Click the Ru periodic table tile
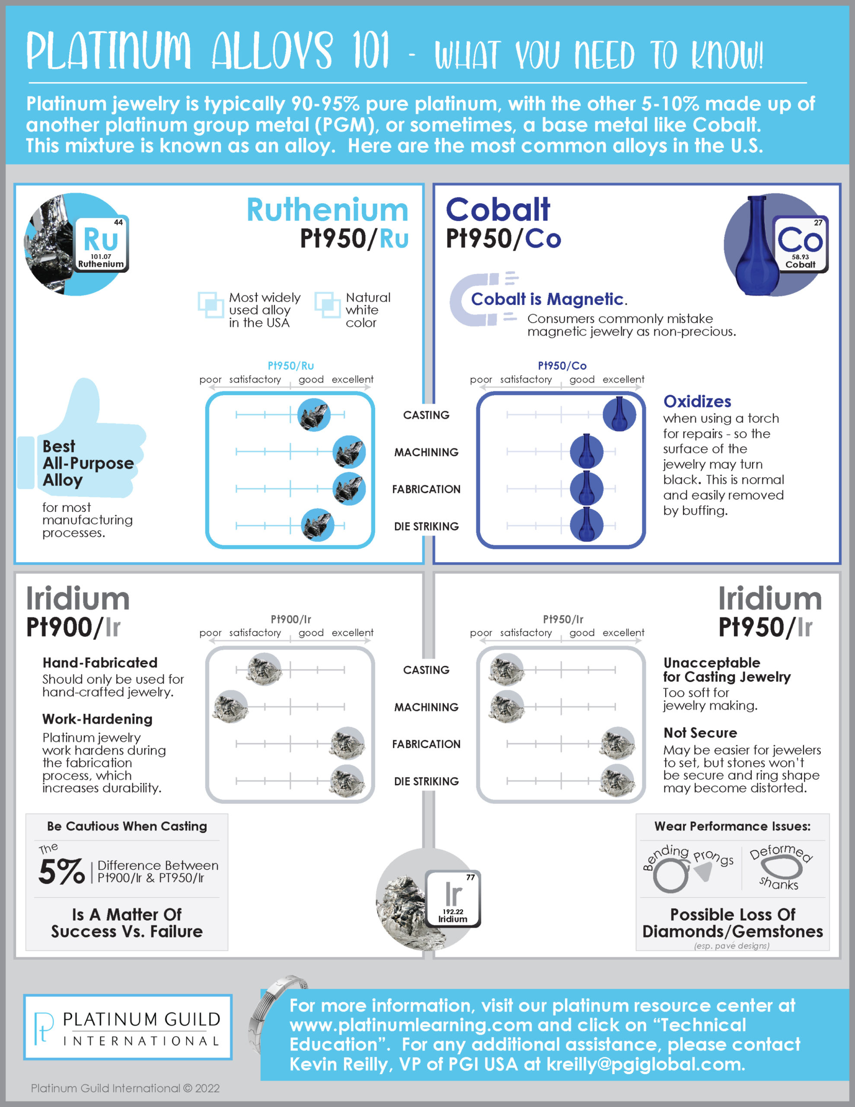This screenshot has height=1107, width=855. pyautogui.click(x=101, y=244)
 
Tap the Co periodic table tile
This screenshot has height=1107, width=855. pyautogui.click(x=800, y=244)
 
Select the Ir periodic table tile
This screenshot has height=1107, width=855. pyautogui.click(x=453, y=899)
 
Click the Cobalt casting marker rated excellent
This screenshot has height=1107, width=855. pyautogui.click(x=619, y=414)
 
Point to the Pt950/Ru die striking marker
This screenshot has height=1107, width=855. pyautogui.click(x=318, y=525)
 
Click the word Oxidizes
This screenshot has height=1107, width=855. pyautogui.click(x=697, y=401)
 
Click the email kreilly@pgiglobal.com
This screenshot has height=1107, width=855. pyautogui.click(x=646, y=1064)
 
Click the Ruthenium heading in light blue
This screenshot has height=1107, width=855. pyautogui.click(x=327, y=210)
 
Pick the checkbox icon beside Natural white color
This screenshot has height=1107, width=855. pyautogui.click(x=327, y=304)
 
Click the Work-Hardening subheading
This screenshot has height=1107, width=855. pyautogui.click(x=97, y=719)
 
